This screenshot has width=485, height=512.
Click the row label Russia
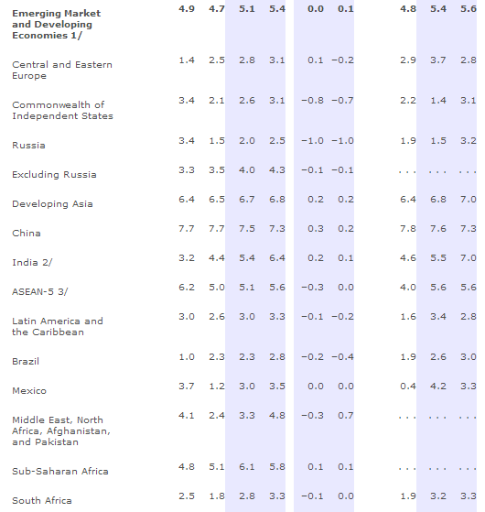point(28,145)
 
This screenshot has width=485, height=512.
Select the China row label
point(27,234)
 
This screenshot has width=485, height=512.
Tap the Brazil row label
point(26,361)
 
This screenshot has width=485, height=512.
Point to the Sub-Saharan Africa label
point(60,471)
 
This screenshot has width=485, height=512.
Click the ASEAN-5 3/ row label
point(40,291)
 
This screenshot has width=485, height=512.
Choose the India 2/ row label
point(32,262)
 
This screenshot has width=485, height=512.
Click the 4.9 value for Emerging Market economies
point(187,9)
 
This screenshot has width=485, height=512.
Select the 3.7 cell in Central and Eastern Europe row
point(438,60)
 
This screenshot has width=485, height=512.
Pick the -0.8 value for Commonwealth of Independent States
point(312,100)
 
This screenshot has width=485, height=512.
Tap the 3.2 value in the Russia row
point(469,141)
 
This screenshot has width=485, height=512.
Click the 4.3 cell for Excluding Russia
point(277,170)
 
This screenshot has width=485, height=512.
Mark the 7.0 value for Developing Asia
point(469,200)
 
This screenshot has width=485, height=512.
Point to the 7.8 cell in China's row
point(408,229)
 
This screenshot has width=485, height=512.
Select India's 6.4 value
point(277,258)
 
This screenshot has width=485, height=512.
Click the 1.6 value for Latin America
point(408,317)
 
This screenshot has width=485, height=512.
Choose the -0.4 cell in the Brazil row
point(343,357)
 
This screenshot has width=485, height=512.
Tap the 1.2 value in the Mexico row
point(217,387)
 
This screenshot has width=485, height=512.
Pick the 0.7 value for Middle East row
point(346,416)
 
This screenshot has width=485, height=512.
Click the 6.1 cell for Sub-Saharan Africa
point(247,467)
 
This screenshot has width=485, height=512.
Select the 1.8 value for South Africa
point(217,496)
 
